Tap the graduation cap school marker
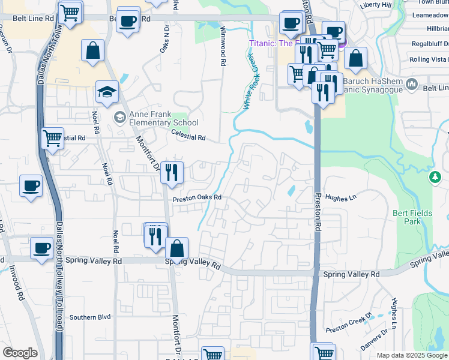click(107, 92)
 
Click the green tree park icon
click(435, 178)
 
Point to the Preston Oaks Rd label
click(197, 197)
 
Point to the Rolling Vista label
click(427, 59)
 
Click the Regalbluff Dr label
click(430, 44)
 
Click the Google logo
click(20, 353)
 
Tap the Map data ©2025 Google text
click(412, 355)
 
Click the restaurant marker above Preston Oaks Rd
click(172, 172)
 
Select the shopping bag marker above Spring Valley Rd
click(177, 248)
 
